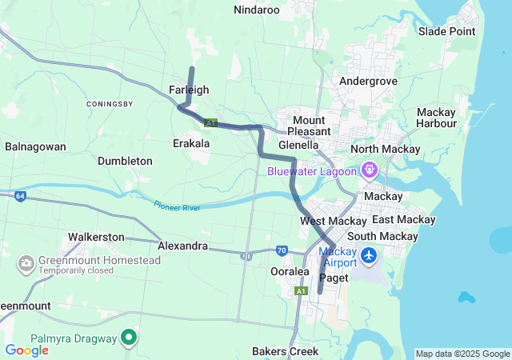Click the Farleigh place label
coord(189,90)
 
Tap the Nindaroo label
coord(256,10)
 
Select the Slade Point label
coord(446,31)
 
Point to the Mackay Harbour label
coord(436,118)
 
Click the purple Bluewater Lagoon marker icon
coord(369,170)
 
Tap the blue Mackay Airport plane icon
coord(369,256)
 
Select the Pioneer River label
coord(178,206)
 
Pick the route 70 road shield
coord(282,250)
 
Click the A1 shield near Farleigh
coord(210,123)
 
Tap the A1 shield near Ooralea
coord(300,291)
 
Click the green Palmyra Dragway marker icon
coord(128,338)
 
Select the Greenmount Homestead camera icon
coord(26,262)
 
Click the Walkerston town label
coord(96,237)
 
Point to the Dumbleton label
coord(125,161)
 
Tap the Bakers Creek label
coord(285,351)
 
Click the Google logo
coord(26,350)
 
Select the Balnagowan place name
coord(35,146)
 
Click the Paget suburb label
coord(333,278)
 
